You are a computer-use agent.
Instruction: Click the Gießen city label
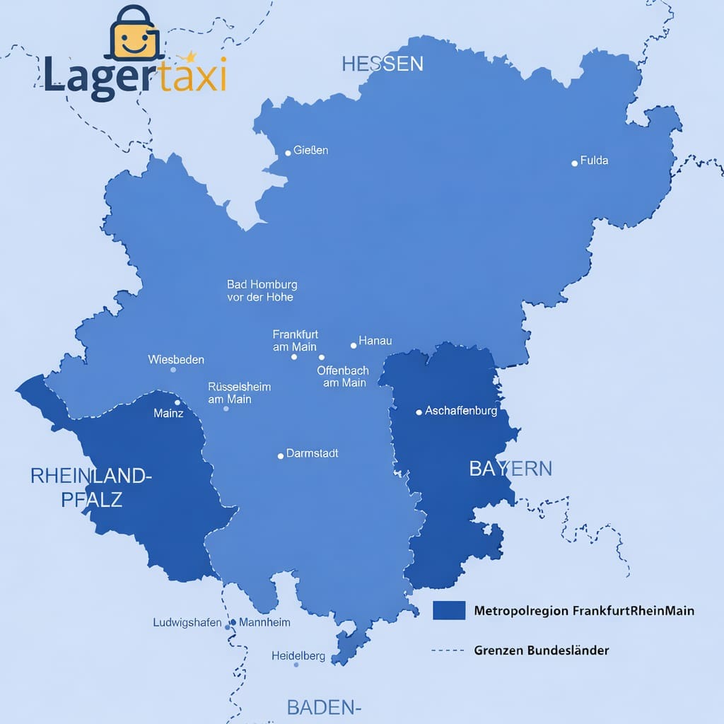(310, 151)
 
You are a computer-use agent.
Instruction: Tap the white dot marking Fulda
(574, 163)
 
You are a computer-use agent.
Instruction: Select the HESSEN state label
(383, 64)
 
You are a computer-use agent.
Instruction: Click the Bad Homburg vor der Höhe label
(262, 291)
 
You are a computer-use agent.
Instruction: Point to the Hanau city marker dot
(354, 346)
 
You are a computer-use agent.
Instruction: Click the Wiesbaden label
(176, 360)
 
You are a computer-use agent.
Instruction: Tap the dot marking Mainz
(177, 402)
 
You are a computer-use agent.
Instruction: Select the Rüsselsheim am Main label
(239, 393)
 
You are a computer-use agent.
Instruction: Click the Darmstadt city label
(312, 453)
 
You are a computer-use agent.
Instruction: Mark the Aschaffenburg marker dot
(419, 411)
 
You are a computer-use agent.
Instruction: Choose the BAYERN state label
(510, 468)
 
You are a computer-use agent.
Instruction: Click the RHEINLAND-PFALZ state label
(91, 487)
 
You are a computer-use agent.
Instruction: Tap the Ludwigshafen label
(187, 623)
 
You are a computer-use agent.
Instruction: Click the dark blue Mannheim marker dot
(233, 623)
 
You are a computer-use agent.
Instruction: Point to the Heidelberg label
(298, 656)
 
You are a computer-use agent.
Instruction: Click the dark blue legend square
(448, 610)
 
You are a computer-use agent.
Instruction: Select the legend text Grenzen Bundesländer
(542, 650)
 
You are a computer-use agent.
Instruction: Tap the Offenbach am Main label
(343, 376)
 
